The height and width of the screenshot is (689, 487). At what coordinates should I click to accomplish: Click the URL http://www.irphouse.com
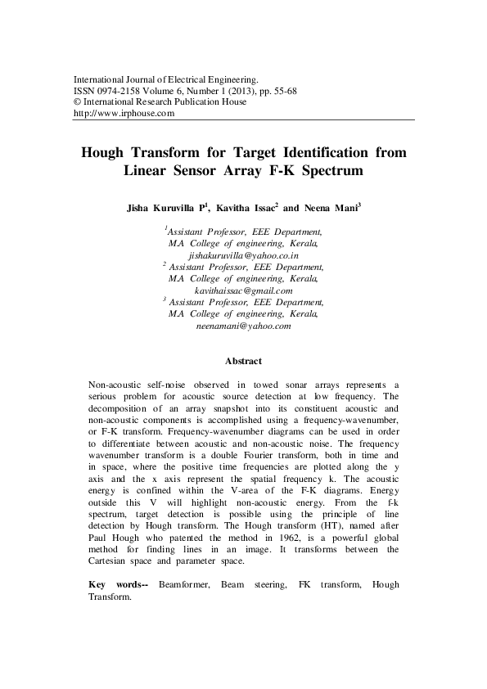coord(124,114)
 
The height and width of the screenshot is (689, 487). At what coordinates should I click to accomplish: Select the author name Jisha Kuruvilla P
coord(168,209)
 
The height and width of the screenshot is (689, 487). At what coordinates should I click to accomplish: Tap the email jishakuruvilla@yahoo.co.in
coord(243,255)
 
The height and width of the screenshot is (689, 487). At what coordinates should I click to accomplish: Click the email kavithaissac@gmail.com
coord(243,290)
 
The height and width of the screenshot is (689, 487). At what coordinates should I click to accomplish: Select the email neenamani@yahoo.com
coord(243,326)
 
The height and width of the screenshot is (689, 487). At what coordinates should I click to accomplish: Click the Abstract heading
coord(243,361)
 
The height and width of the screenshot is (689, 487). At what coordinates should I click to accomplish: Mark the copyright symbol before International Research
coord(78,102)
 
